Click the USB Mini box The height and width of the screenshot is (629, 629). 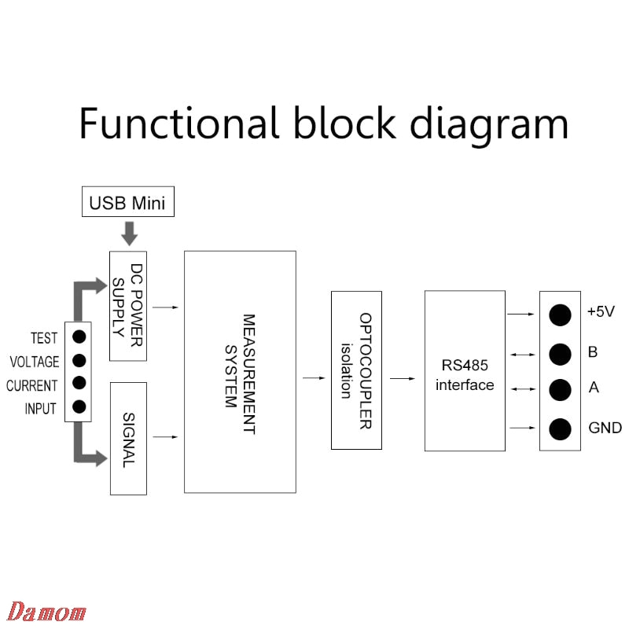point(128,203)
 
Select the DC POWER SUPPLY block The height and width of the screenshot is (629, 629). point(128,307)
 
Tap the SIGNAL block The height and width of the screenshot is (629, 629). point(128,438)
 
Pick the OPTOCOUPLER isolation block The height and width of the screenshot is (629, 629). point(356,370)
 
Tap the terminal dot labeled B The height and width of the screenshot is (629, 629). point(560,354)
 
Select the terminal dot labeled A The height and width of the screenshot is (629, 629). point(560,389)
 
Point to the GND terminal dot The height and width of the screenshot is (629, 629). point(560,429)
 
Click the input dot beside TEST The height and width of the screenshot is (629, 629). point(79,337)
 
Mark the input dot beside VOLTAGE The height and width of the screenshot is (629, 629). point(79,361)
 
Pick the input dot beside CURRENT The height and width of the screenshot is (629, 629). point(79,384)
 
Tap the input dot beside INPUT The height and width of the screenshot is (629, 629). point(79,406)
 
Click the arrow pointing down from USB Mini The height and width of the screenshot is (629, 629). point(129,233)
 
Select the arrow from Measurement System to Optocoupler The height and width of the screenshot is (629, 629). point(314,378)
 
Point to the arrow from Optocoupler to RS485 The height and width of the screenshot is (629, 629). point(403,378)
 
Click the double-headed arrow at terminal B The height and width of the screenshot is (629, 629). point(521,355)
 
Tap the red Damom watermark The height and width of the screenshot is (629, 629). point(46,612)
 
